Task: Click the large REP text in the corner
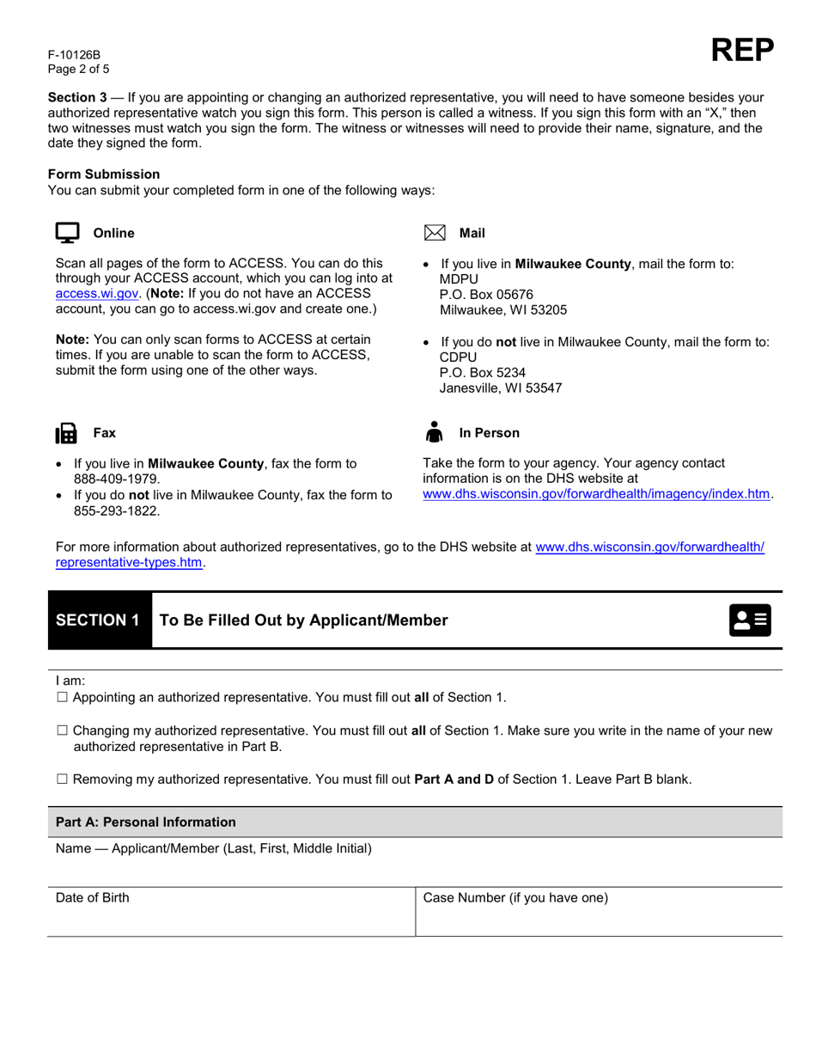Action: [x=742, y=52]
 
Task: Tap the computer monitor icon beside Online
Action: [x=67, y=233]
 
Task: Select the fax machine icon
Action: [x=67, y=433]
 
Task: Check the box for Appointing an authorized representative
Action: [x=62, y=697]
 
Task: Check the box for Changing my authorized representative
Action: [x=62, y=731]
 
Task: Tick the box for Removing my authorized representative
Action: [x=62, y=779]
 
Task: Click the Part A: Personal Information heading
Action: [x=145, y=822]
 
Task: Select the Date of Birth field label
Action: [x=93, y=898]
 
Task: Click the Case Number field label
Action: [x=515, y=898]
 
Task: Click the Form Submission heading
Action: [x=104, y=174]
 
